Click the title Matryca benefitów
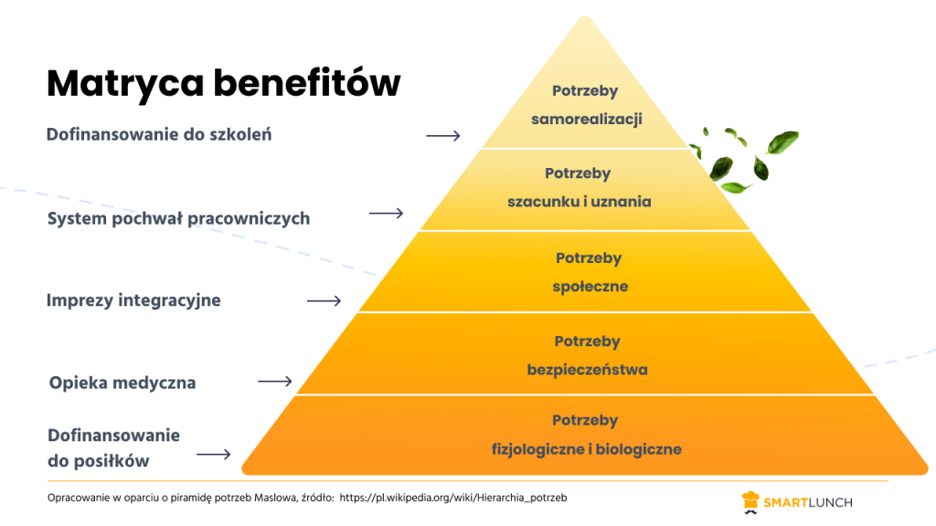223,83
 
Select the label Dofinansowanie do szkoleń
159,135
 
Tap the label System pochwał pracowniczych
178,218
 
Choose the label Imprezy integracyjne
133,300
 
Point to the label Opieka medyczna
122,383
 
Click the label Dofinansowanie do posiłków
113,448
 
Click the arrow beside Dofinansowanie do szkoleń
443,136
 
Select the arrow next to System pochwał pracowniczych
386,214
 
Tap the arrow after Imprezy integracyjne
324,300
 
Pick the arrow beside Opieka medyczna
275,382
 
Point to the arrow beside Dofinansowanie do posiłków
214,454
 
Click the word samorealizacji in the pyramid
585,120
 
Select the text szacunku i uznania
580,202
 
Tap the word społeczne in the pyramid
590,287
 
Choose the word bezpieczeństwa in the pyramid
587,370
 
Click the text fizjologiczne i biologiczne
586,449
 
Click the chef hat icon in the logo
750,500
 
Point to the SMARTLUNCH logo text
809,501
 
